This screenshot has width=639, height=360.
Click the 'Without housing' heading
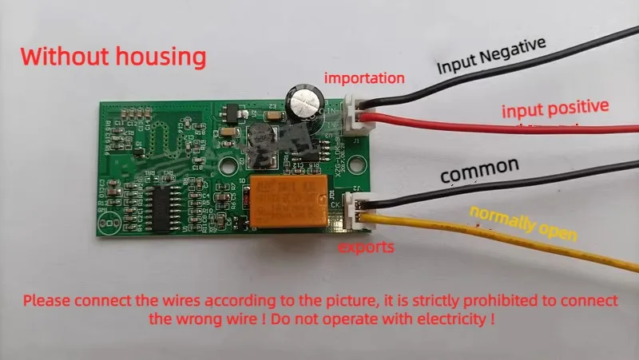(x=113, y=57)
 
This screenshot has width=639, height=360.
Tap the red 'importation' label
(x=363, y=78)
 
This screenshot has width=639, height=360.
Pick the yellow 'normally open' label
(x=523, y=225)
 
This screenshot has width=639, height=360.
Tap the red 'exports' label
(x=367, y=247)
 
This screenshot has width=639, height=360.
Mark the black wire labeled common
(x=447, y=190)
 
